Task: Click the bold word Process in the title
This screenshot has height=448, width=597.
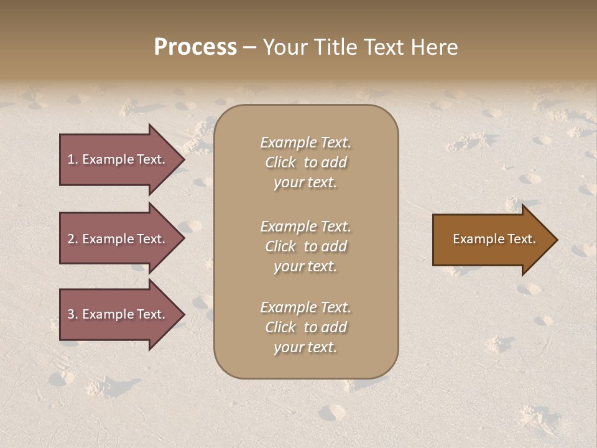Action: pyautogui.click(x=195, y=47)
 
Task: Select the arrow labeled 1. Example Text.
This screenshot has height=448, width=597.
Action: pyautogui.click(x=118, y=159)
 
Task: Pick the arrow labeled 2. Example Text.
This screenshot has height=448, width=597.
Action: pyautogui.click(x=118, y=239)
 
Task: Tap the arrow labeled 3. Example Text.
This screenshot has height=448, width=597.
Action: pyautogui.click(x=118, y=314)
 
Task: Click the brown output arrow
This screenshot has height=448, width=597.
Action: pyautogui.click(x=491, y=239)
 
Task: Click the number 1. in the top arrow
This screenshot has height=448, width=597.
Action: pyautogui.click(x=73, y=159)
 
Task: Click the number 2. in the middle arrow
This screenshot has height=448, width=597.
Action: pyautogui.click(x=73, y=239)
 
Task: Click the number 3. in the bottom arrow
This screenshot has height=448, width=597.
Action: pyautogui.click(x=73, y=314)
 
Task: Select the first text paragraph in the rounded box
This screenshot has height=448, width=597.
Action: pyautogui.click(x=305, y=162)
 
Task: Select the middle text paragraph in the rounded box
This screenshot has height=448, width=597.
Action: pyautogui.click(x=305, y=246)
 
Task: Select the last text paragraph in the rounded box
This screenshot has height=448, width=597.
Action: pyautogui.click(x=305, y=327)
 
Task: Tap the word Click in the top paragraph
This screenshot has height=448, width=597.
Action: pyautogui.click(x=280, y=162)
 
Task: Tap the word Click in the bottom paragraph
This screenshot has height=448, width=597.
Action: pyautogui.click(x=280, y=327)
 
